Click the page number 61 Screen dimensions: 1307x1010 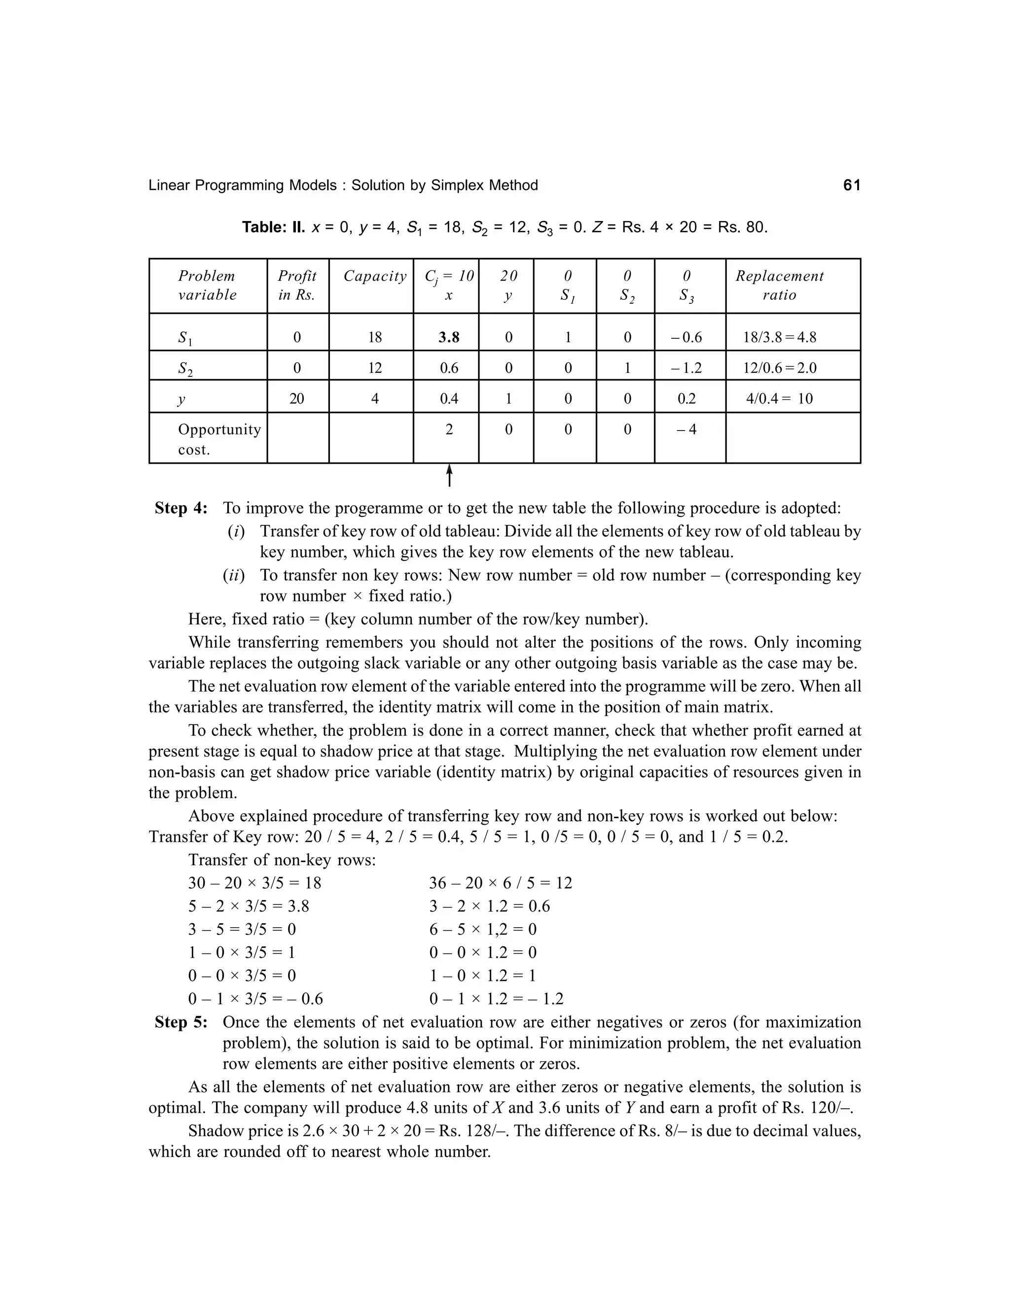851,185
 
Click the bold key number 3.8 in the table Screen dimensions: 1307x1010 449,337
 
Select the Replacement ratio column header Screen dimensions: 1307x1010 779,285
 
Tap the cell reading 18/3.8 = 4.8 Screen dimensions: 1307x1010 779,337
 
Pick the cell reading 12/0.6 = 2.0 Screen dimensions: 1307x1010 779,368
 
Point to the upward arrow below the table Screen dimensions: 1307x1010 449,476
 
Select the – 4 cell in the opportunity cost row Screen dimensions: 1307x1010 686,430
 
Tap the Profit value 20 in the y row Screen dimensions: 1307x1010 297,399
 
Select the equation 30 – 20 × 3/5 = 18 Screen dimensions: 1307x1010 254,883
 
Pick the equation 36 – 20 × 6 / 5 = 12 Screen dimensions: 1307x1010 500,883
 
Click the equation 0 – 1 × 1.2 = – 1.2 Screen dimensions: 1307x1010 496,999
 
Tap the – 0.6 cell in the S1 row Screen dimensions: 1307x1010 686,337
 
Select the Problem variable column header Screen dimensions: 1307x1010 207,285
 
